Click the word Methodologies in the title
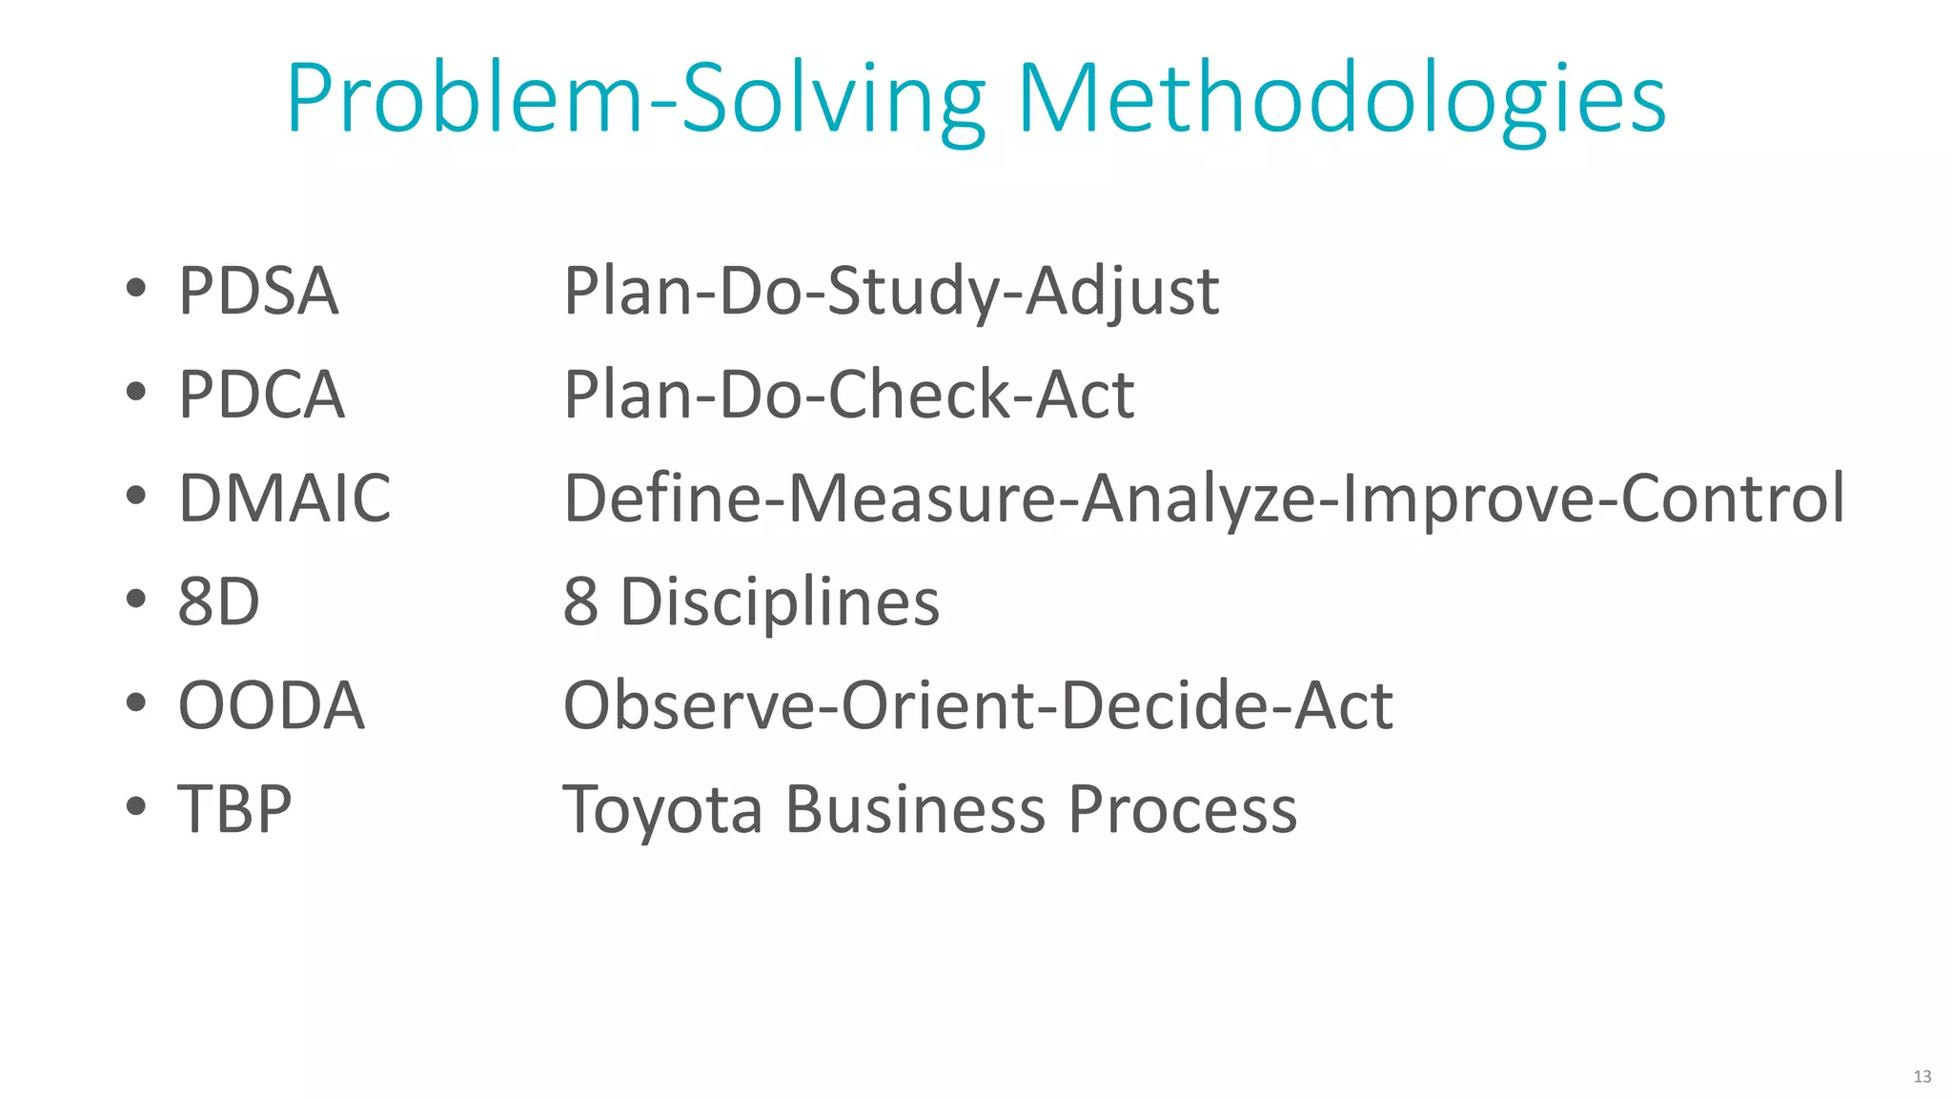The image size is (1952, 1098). coord(1342,99)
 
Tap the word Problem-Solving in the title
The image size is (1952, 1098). coord(636,99)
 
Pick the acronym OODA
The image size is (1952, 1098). coord(272,705)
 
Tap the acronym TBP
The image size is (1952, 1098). coord(234,809)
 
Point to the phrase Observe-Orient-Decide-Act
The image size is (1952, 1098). coord(978,705)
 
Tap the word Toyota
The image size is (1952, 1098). coord(663,809)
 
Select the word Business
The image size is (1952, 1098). coord(915,809)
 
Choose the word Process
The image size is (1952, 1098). coord(1182,809)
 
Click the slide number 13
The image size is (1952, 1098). coord(1921,1076)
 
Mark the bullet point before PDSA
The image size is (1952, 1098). coord(136,288)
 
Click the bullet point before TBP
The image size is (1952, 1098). coord(136,806)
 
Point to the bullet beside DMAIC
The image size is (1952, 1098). coord(136,496)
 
